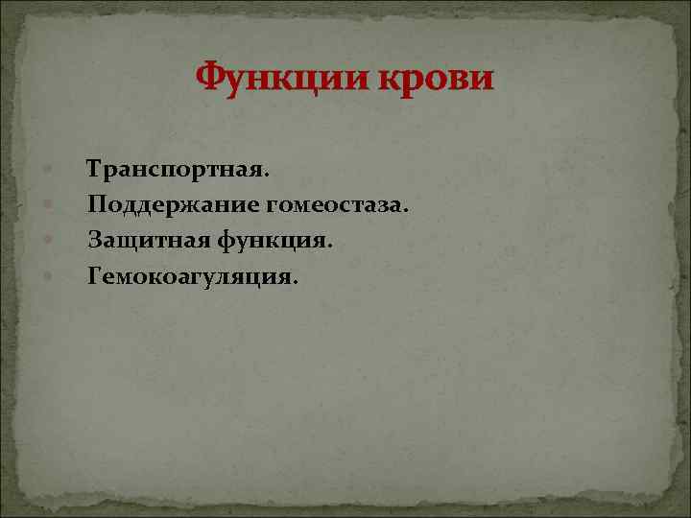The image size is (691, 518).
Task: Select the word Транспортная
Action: (177, 171)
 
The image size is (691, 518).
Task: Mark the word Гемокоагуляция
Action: (190, 276)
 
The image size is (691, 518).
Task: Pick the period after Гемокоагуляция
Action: (296, 282)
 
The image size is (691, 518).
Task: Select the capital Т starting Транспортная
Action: (94, 171)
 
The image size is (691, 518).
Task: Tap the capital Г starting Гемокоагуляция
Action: (94, 276)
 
